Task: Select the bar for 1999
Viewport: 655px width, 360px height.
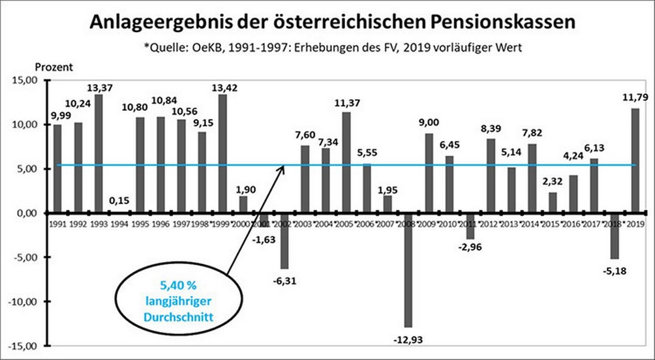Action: pos(222,153)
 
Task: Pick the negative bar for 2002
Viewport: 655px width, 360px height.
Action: pos(284,241)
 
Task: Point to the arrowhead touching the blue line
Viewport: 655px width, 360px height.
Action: pos(282,168)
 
